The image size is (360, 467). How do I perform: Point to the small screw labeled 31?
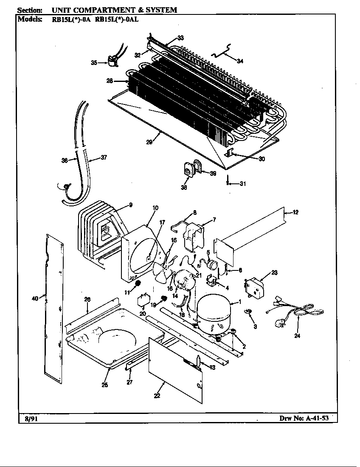(228, 183)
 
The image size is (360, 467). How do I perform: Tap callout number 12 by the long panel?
(295, 212)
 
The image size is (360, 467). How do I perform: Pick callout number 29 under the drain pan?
(149, 142)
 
